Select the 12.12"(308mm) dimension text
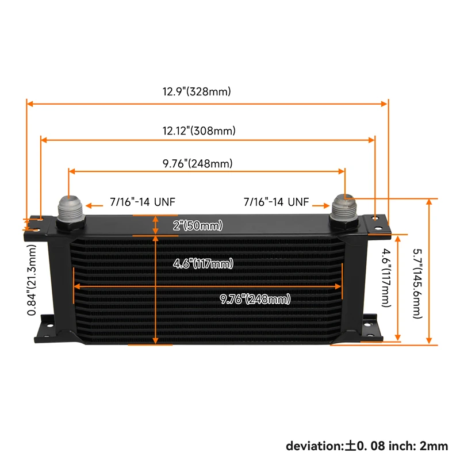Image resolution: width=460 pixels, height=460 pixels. (198, 131)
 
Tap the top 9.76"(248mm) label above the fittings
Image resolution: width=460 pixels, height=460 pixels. (197, 163)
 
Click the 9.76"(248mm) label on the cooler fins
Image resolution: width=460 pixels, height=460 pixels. (255, 299)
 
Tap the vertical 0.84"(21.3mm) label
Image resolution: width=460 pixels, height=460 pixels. (33, 279)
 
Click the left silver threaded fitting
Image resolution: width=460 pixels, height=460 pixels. (71, 209)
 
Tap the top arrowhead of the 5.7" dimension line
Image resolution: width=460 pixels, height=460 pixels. (428, 202)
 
